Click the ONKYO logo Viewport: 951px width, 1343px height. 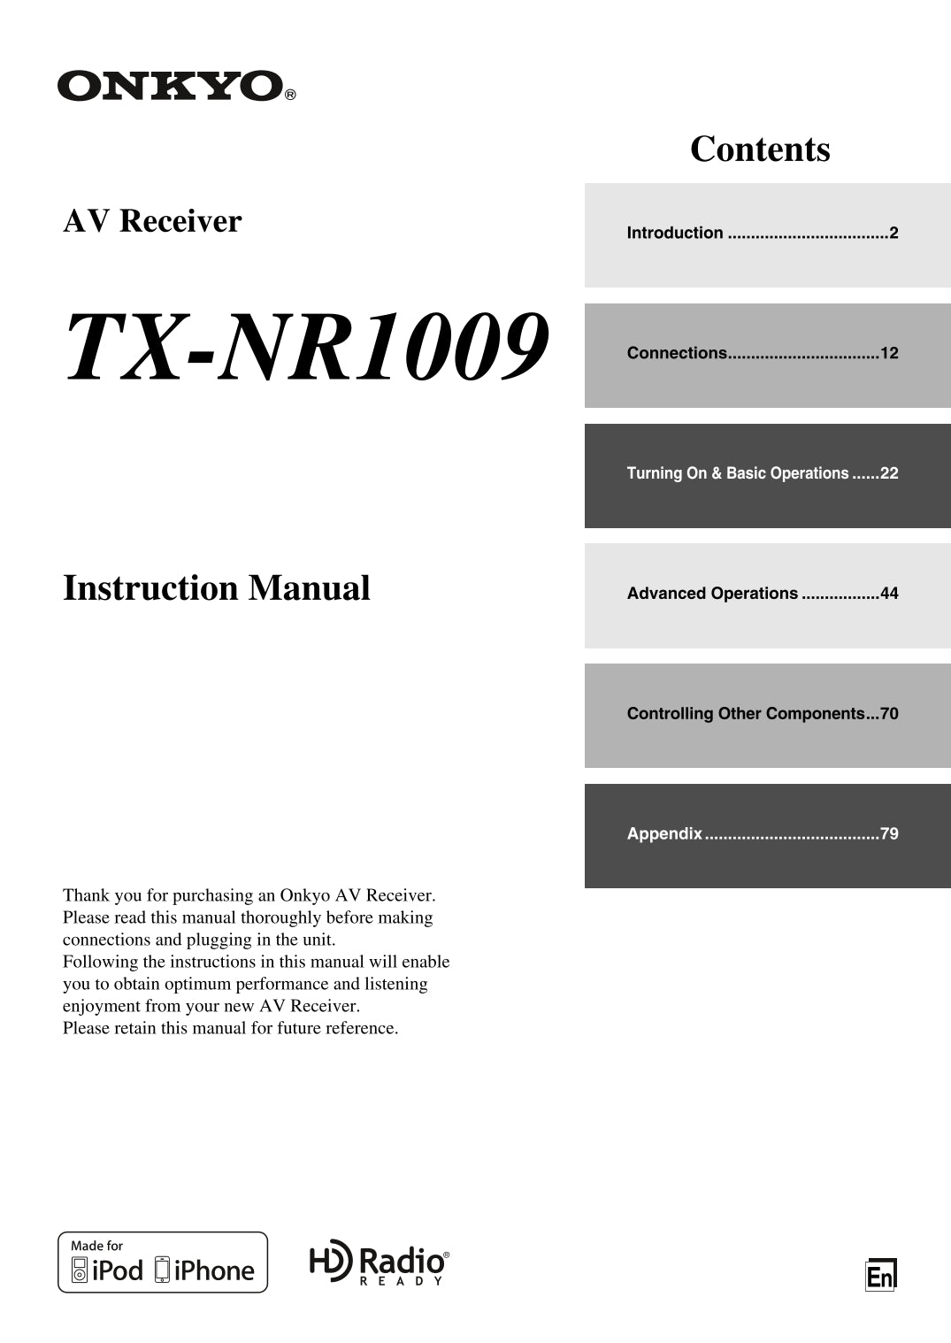(170, 86)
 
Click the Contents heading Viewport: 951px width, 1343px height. (760, 149)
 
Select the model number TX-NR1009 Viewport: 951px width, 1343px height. (307, 347)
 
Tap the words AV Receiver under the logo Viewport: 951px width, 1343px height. (152, 221)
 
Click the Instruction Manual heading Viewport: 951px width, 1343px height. (217, 588)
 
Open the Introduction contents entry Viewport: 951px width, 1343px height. (762, 234)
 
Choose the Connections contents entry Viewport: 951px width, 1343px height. (762, 354)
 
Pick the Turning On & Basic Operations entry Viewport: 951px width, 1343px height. (762, 474)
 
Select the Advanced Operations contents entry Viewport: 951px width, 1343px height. (762, 594)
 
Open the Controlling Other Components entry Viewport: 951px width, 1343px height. (762, 714)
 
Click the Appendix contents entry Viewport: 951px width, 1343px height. (762, 834)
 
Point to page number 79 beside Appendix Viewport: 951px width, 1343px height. (889, 834)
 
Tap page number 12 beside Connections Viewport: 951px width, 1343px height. (889, 354)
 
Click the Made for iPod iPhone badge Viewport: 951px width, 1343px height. (163, 1262)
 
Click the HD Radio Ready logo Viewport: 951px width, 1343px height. (379, 1262)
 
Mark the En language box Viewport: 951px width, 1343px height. (880, 1276)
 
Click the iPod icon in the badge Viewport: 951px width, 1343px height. (80, 1270)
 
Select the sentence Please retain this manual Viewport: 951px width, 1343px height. (230, 1028)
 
